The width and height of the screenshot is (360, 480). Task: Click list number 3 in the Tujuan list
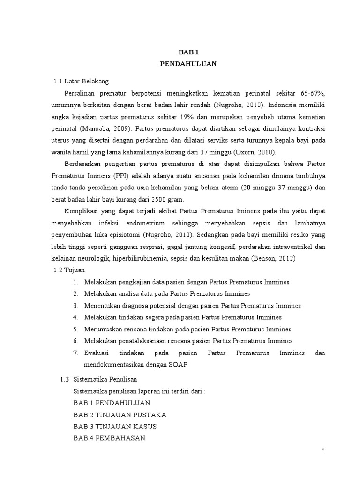click(75, 306)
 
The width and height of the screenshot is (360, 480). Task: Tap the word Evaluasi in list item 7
click(97, 353)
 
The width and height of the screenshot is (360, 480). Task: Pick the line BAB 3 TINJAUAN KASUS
click(115, 427)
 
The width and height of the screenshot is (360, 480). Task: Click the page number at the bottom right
click(323, 450)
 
